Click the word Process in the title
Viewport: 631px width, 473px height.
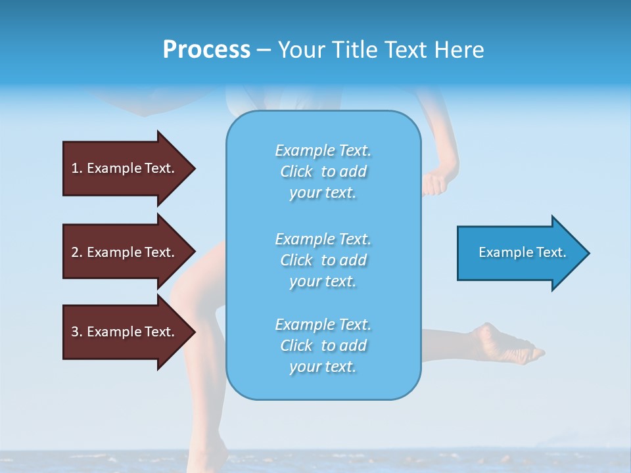click(x=206, y=50)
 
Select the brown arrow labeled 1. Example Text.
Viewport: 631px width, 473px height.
click(x=125, y=168)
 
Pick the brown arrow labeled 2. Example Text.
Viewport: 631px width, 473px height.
click(x=125, y=252)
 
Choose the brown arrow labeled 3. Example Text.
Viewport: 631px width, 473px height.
click(x=125, y=332)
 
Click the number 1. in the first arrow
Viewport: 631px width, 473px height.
click(x=77, y=168)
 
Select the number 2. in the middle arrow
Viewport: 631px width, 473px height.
click(x=77, y=252)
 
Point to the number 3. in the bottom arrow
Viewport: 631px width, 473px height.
click(x=77, y=332)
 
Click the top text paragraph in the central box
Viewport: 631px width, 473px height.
click(x=323, y=171)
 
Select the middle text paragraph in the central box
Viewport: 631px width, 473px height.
click(x=323, y=260)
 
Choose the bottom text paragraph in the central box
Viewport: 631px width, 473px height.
click(x=323, y=346)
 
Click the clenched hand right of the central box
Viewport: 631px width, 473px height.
click(x=434, y=183)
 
